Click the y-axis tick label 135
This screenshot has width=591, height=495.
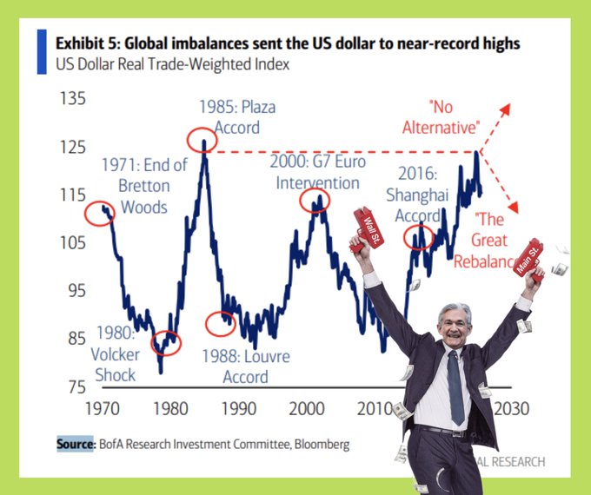[x=72, y=98]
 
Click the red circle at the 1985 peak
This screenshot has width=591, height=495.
[x=203, y=140]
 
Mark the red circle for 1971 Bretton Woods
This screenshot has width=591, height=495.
[x=100, y=213]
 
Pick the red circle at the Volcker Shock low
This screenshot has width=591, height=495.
[x=165, y=343]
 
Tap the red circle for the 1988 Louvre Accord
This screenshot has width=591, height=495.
[x=221, y=324]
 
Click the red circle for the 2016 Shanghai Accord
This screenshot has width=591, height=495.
[x=420, y=235]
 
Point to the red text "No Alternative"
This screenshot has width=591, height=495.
[x=442, y=118]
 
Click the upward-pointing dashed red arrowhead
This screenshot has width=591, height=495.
[x=508, y=107]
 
